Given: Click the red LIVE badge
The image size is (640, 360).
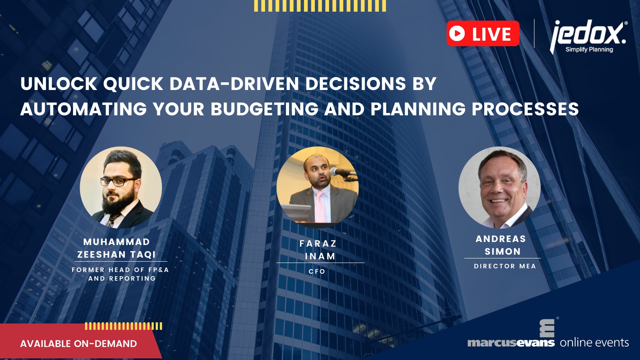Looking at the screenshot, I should [483, 33].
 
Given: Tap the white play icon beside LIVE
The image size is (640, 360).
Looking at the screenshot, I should [457, 33].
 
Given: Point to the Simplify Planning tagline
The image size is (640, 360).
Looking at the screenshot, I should [589, 49].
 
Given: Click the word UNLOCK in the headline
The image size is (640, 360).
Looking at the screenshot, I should [59, 84].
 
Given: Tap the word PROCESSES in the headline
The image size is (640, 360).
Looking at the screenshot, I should [525, 109].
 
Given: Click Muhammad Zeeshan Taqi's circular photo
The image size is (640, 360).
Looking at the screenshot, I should [121, 187].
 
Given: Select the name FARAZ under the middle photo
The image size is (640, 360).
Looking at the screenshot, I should [318, 244].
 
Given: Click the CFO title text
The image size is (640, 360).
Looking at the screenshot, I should [317, 271].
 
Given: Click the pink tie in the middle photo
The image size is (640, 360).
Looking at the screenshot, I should [320, 207].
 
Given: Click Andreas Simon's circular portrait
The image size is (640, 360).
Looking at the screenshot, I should [499, 187].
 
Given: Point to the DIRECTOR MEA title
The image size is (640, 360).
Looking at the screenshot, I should [505, 266].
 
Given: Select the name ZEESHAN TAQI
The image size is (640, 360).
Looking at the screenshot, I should [116, 254].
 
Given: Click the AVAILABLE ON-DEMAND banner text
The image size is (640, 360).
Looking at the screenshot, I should [78, 344].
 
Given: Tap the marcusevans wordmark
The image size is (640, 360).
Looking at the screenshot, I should [511, 343].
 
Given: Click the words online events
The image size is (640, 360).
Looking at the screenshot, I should [594, 343].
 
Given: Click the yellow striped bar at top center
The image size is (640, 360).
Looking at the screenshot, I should [320, 6].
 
